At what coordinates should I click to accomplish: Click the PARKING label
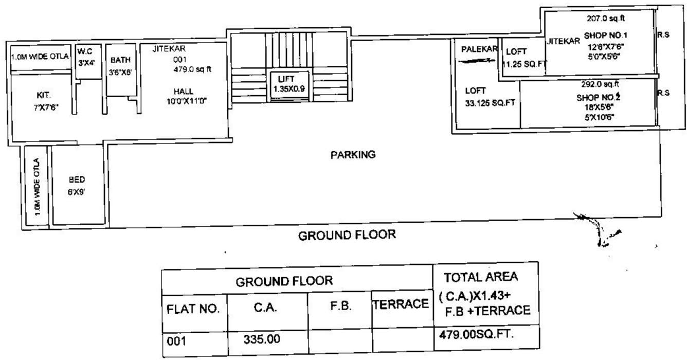(x=353, y=154)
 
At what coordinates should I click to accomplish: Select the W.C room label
(x=85, y=52)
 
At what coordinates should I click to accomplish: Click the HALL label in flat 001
(x=184, y=92)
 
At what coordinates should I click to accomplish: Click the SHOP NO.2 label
(x=598, y=98)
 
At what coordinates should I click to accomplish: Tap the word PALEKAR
(x=479, y=49)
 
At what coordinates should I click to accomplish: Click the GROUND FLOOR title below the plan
(x=347, y=236)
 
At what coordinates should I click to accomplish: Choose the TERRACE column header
(x=401, y=304)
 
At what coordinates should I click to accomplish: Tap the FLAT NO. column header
(x=193, y=310)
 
